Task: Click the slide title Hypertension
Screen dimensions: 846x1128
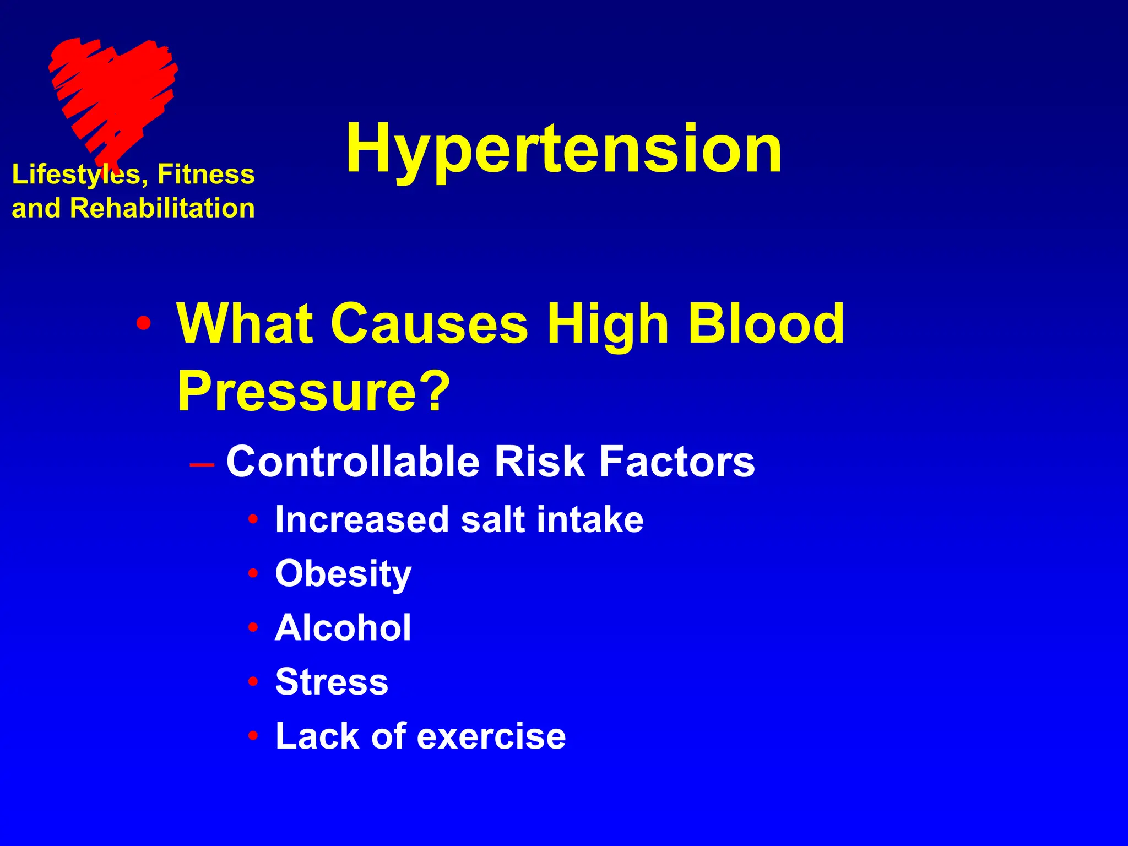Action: pyautogui.click(x=563, y=149)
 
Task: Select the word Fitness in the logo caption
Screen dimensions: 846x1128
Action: pyautogui.click(x=206, y=174)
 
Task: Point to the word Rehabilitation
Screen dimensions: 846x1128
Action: pyautogui.click(x=162, y=208)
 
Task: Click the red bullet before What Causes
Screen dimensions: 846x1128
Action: pyautogui.click(x=144, y=324)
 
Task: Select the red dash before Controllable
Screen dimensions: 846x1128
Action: pyautogui.click(x=202, y=464)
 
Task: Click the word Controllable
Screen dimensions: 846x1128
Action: pyautogui.click(x=353, y=462)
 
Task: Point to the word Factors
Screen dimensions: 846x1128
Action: pyautogui.click(x=677, y=462)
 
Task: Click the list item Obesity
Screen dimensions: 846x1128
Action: pyautogui.click(x=343, y=574)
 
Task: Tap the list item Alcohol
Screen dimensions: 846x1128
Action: pyautogui.click(x=343, y=627)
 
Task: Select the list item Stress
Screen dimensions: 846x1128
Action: pyautogui.click(x=332, y=681)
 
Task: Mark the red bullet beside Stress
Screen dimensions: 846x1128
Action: pyautogui.click(x=253, y=682)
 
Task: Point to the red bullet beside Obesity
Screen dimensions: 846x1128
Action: pyautogui.click(x=253, y=574)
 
